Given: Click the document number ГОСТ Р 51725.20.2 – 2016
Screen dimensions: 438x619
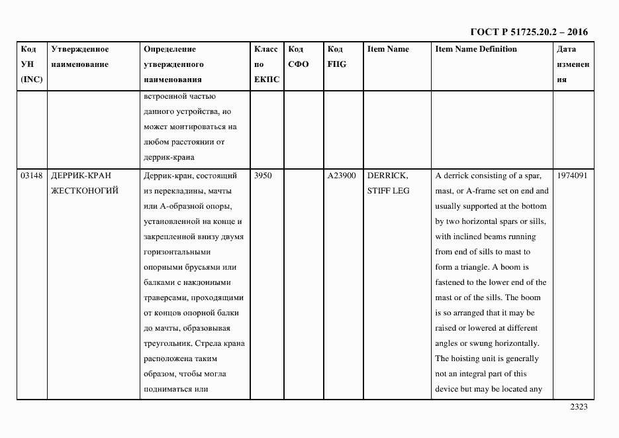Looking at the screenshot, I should [528, 32].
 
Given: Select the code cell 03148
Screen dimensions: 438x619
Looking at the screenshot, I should [31, 176].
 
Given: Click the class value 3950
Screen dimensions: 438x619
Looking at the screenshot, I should [263, 176].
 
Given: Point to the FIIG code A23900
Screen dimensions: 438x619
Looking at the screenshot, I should [342, 176].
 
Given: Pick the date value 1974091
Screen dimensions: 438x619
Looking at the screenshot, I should [573, 176].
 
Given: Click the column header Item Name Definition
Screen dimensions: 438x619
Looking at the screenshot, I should [476, 50].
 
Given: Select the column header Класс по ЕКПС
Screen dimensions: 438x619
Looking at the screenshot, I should [266, 65].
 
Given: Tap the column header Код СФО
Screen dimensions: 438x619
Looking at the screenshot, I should [299, 57].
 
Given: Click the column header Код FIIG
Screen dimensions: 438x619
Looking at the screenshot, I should [337, 57].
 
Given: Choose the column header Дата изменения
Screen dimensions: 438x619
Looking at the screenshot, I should [573, 65].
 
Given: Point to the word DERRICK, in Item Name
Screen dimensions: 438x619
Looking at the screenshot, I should [387, 176].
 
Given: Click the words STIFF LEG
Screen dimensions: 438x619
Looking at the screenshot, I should [388, 192].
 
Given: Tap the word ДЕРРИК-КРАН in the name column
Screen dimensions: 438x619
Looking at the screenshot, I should [81, 176].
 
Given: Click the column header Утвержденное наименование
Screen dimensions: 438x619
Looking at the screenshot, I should [80, 57].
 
